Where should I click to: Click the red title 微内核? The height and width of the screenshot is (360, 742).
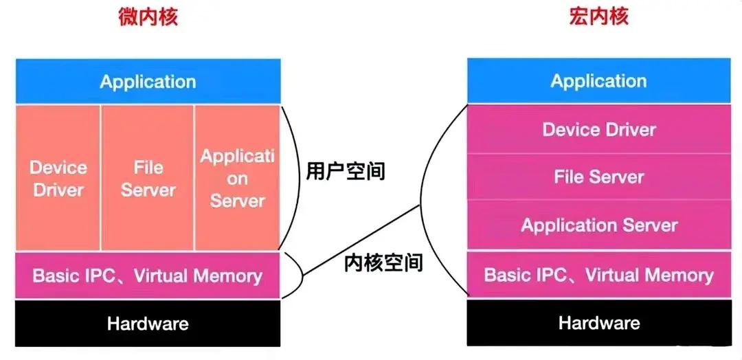[x=148, y=16]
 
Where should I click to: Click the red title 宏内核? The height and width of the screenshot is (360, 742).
[x=598, y=16]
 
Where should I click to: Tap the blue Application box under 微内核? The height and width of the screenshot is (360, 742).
[x=148, y=81]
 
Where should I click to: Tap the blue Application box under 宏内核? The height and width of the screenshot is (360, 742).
[x=598, y=80]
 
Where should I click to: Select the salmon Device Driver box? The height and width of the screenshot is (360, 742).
[x=58, y=178]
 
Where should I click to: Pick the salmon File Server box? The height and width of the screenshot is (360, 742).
[x=148, y=178]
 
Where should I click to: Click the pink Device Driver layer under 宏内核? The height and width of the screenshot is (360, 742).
[x=599, y=129]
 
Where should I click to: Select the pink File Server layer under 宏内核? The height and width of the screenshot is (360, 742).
[x=599, y=177]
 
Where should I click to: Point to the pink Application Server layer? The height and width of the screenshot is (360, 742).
[x=599, y=225]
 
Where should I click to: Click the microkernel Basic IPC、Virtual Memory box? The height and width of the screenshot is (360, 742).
[x=148, y=275]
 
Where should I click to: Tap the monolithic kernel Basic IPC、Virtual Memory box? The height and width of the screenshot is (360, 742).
[x=599, y=274]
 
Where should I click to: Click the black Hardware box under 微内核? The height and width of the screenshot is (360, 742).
[x=148, y=324]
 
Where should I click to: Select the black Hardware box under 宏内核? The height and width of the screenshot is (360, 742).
[x=599, y=323]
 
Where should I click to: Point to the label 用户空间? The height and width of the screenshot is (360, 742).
[x=346, y=171]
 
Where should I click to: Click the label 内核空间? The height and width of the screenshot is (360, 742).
[x=383, y=262]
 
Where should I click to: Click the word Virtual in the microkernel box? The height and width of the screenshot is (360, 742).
[x=163, y=275]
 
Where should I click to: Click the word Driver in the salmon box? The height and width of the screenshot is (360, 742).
[x=58, y=190]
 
